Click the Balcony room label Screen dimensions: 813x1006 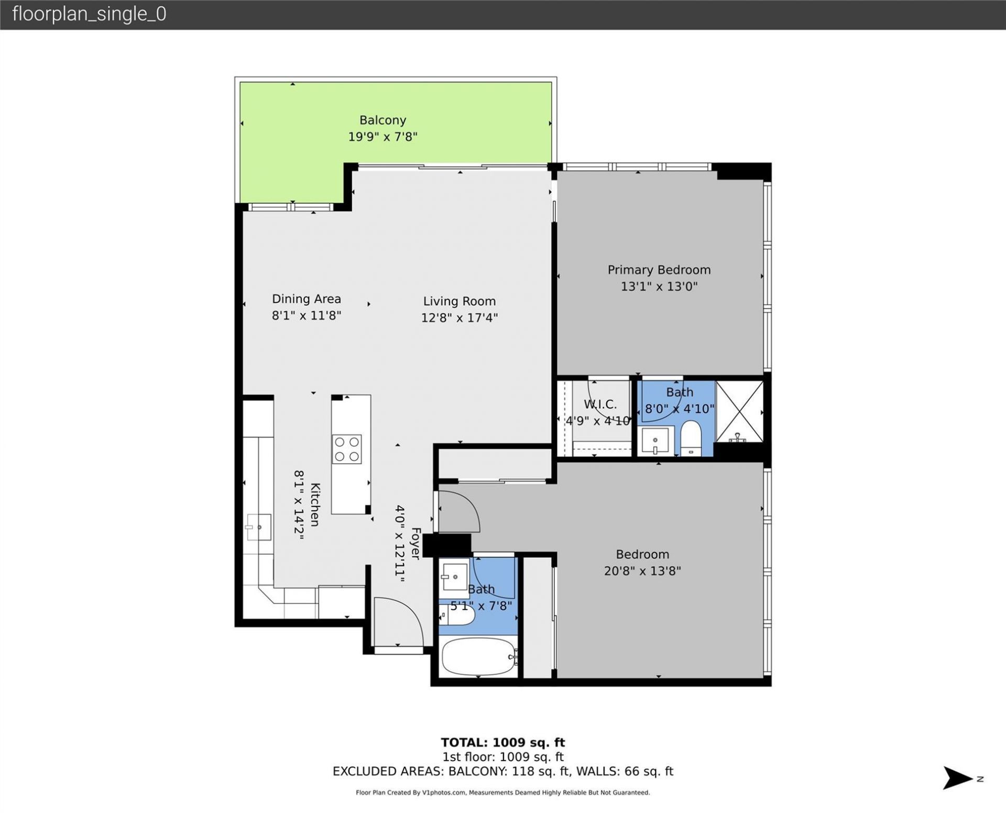click(382, 120)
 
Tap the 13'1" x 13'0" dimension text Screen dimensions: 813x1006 click(659, 287)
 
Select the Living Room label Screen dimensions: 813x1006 click(459, 301)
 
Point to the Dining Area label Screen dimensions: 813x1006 click(306, 299)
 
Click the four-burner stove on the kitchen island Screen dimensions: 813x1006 click(347, 449)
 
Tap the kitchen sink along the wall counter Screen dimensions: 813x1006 click(259, 527)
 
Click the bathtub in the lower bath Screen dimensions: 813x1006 click(478, 656)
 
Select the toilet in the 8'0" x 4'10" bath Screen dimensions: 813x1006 click(691, 438)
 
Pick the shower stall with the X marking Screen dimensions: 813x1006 click(739, 411)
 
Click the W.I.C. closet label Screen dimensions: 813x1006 click(600, 404)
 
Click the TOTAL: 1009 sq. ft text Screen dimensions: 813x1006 click(502, 742)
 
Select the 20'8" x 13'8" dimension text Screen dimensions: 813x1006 click(642, 571)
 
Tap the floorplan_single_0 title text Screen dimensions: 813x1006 click(89, 14)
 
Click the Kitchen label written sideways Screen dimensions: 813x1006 click(315, 504)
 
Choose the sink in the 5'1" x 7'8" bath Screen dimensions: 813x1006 click(454, 576)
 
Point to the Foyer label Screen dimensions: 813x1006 click(415, 543)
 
